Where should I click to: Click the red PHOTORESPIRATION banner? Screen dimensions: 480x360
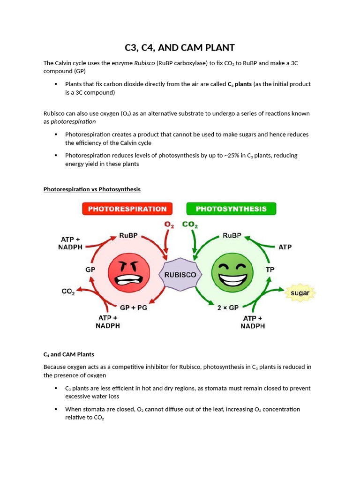(x=127, y=209)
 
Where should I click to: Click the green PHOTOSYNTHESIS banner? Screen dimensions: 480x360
(x=231, y=209)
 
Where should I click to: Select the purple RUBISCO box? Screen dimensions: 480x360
(x=180, y=275)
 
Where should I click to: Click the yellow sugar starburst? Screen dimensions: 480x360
(x=300, y=293)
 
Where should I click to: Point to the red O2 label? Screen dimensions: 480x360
(x=169, y=225)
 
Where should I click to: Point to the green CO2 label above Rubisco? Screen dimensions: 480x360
(x=190, y=225)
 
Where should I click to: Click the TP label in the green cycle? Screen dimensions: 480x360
(x=270, y=270)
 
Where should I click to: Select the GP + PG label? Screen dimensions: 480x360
(x=134, y=308)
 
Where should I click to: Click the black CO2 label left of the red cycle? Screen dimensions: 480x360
(x=68, y=292)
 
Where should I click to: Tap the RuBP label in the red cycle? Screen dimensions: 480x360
(x=128, y=236)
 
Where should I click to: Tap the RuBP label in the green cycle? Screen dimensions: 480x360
(x=232, y=236)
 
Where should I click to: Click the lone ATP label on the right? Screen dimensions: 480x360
(x=285, y=247)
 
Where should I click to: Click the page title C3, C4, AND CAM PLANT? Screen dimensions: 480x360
(x=180, y=48)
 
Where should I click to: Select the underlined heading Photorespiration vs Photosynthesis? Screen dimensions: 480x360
(x=92, y=189)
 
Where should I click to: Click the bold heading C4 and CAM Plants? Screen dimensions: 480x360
(x=69, y=354)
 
